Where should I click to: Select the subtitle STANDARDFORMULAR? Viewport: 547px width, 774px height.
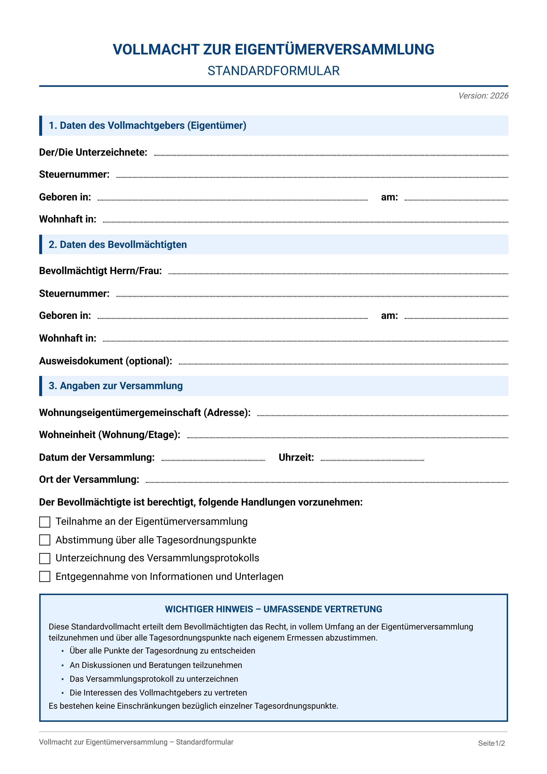click(x=273, y=71)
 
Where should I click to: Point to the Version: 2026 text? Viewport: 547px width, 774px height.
click(x=483, y=96)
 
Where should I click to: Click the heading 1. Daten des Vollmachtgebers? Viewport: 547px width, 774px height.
click(x=147, y=125)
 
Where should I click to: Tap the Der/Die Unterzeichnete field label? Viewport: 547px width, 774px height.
click(x=93, y=152)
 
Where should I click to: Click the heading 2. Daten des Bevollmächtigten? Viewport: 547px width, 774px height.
click(x=118, y=244)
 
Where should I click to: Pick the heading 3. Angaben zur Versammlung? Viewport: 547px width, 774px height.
click(x=116, y=386)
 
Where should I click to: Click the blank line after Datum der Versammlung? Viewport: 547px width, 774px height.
click(x=213, y=459)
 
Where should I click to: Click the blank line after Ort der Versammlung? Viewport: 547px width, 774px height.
click(x=326, y=481)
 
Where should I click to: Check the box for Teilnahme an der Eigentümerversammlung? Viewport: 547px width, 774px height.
click(x=45, y=522)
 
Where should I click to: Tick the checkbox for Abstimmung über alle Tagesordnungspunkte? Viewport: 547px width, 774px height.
click(x=45, y=540)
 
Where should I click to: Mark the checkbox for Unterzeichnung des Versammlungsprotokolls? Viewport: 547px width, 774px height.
click(x=45, y=558)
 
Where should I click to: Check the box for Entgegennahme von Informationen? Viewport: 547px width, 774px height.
click(x=45, y=577)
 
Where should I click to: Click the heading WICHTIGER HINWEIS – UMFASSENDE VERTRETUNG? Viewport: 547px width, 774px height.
click(x=273, y=609)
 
